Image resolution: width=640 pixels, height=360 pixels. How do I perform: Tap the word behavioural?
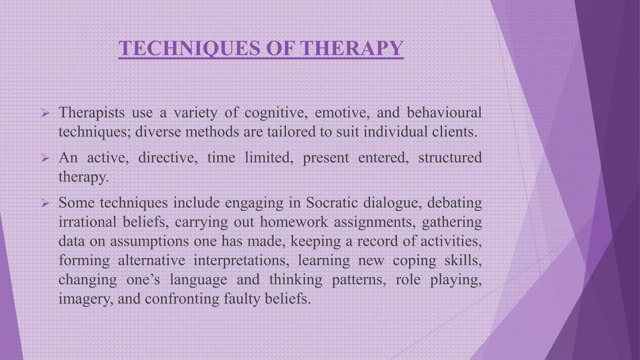click(x=444, y=112)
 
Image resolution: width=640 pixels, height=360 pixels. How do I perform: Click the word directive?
click(x=167, y=157)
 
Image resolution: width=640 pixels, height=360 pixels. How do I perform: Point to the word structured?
click(x=450, y=157)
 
